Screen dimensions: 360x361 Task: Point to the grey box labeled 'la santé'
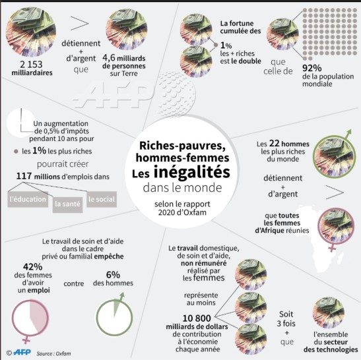67,204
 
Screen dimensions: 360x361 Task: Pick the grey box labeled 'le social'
101,199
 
